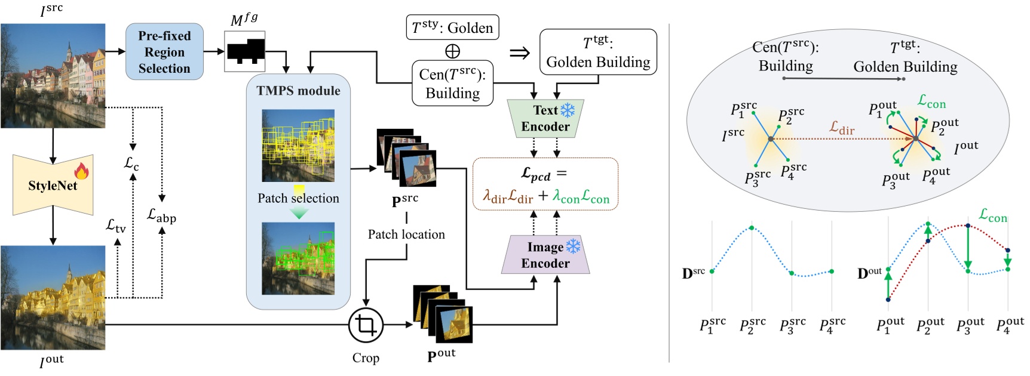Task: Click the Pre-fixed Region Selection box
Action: [164, 52]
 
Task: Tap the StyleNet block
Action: [53, 186]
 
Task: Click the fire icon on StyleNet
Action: [81, 171]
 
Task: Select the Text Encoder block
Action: [545, 118]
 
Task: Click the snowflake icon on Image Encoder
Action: [573, 246]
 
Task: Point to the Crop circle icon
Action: [366, 325]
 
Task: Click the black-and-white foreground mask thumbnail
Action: [245, 52]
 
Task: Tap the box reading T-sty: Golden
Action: [452, 27]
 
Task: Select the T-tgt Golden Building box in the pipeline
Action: [598, 53]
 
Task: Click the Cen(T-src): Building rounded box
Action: [452, 84]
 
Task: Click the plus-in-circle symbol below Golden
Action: [452, 51]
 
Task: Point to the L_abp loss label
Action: [161, 215]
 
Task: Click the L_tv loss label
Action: [116, 226]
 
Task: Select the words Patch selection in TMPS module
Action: [298, 198]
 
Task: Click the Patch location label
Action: [406, 235]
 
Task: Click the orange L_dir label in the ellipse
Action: [842, 128]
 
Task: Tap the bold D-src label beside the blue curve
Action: [693, 273]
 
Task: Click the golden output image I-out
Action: [53, 297]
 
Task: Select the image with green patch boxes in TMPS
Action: [298, 258]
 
